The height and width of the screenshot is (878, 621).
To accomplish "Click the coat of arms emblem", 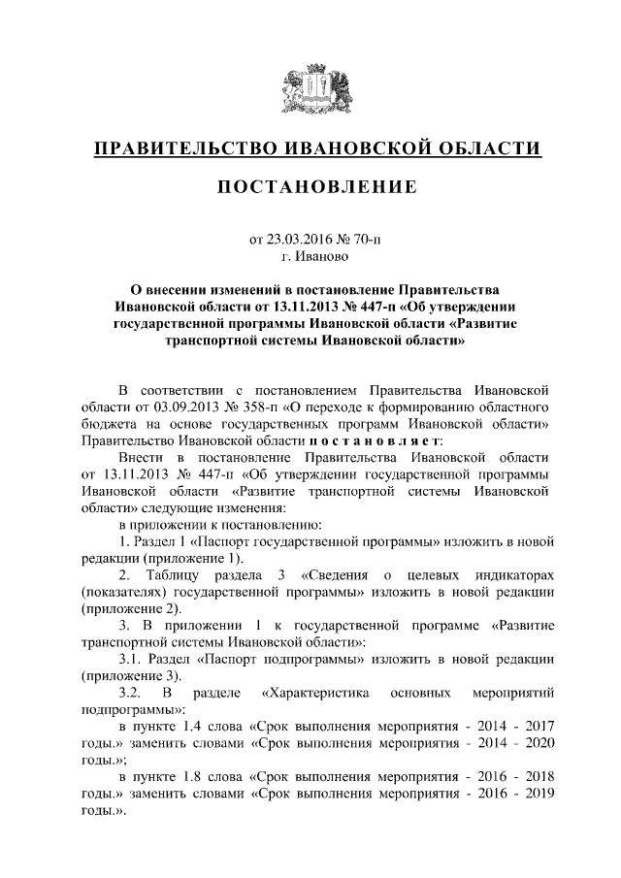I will pyautogui.click(x=310, y=89).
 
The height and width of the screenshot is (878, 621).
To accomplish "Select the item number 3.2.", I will pyautogui.click(x=129, y=696).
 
